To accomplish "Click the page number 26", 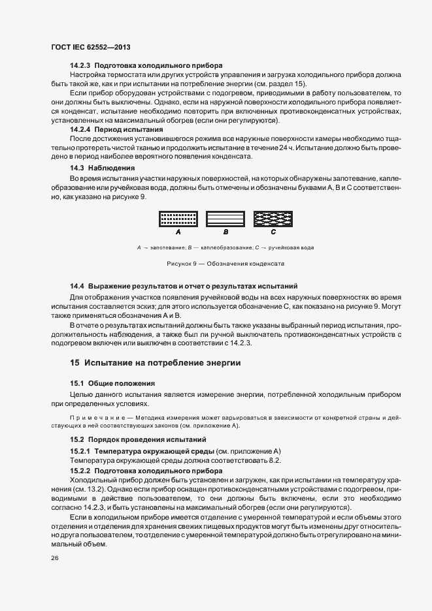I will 54,558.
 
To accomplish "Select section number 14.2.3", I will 81,65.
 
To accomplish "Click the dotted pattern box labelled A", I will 178,219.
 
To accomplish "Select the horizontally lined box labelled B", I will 225,219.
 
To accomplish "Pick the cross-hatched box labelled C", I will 273,219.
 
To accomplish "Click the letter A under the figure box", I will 178,232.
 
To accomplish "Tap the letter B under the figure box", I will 225,232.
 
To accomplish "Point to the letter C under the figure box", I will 273,232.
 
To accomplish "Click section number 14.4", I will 78,286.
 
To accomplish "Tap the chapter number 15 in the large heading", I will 75,362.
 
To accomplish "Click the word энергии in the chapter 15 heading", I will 221,362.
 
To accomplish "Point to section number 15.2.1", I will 81,451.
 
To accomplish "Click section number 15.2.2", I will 81,470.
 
